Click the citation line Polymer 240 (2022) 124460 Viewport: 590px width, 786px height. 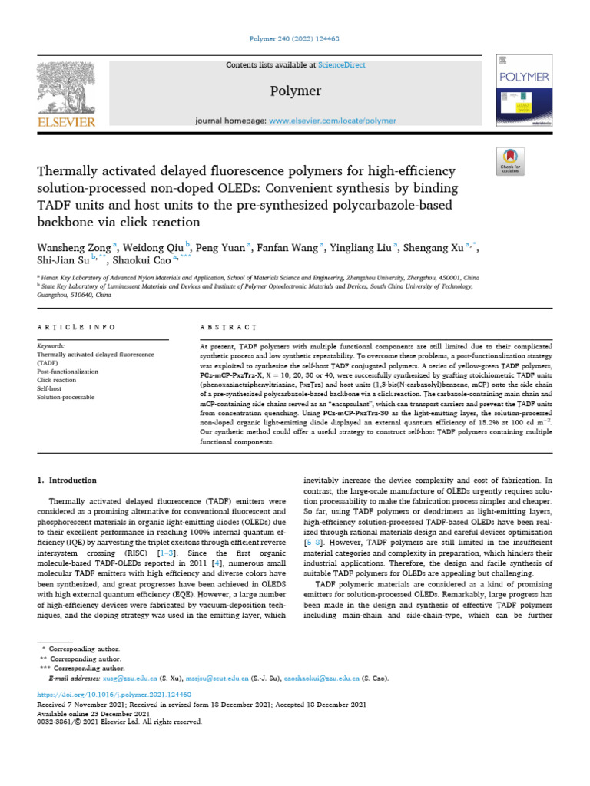click(x=295, y=38)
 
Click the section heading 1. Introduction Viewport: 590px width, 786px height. click(x=68, y=481)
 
